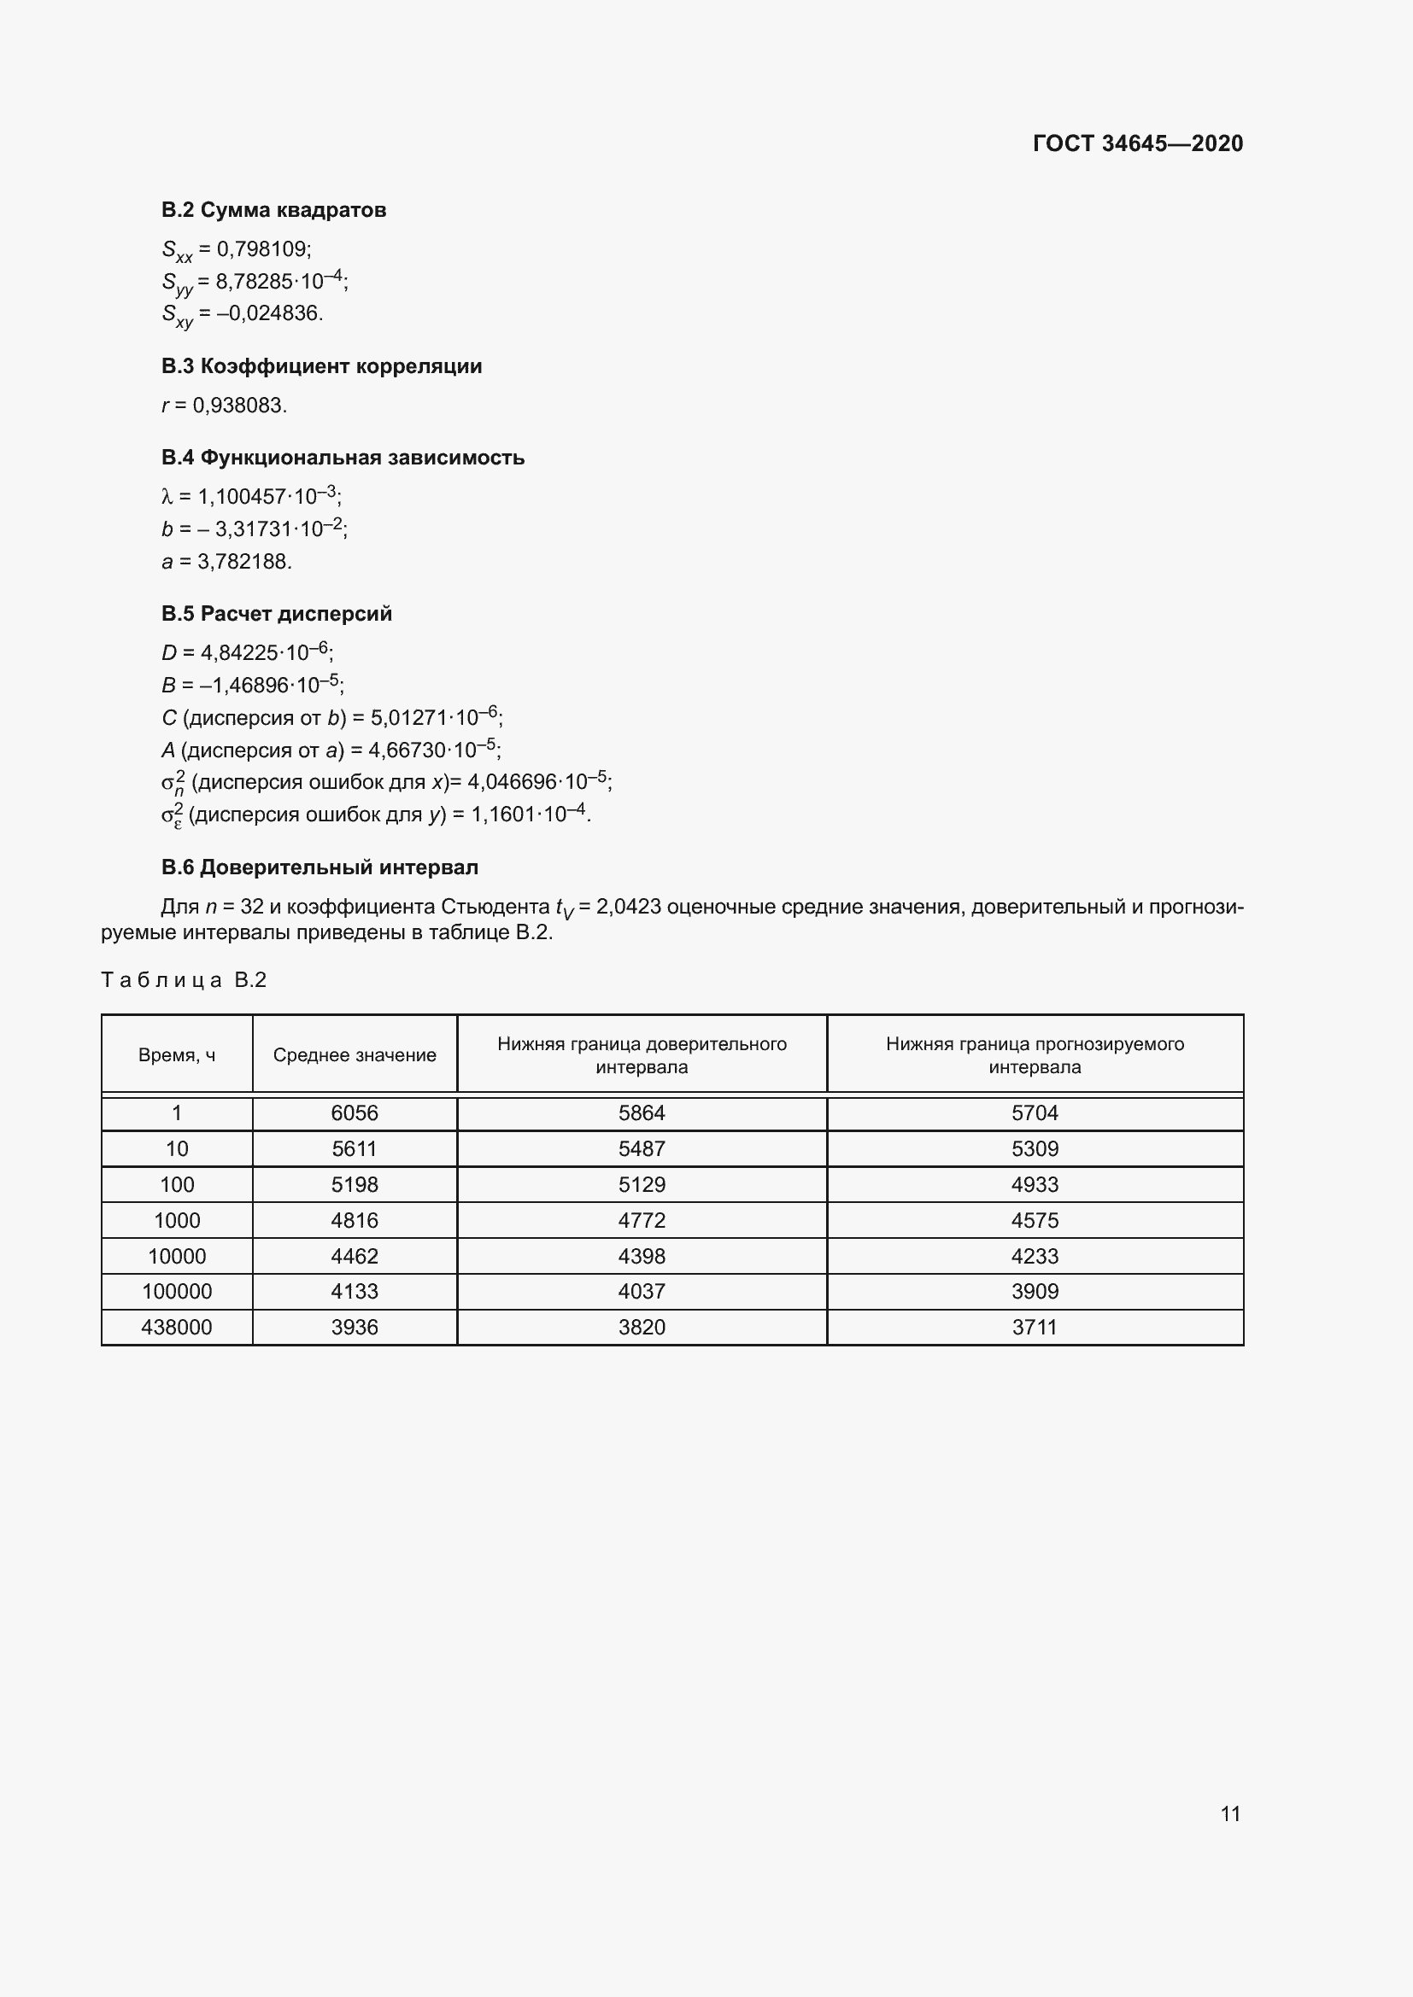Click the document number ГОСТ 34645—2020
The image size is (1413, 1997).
pos(1137,143)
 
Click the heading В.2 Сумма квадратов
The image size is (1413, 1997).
pos(273,210)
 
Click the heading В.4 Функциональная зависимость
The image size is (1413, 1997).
pos(343,458)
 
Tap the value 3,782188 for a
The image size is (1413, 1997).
pos(243,562)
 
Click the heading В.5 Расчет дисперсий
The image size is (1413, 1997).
pos(277,614)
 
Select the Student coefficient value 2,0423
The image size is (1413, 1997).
pos(627,908)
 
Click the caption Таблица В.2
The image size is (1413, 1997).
pos(184,980)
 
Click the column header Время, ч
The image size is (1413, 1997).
pos(177,1055)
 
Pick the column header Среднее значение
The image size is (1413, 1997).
pos(355,1055)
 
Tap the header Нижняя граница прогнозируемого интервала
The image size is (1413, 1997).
pos(1035,1055)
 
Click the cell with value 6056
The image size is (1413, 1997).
pos(355,1113)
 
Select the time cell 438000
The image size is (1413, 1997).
pos(177,1328)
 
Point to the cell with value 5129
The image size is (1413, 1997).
pos(642,1185)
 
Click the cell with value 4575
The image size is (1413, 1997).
pos(1035,1220)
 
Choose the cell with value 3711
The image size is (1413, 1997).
pos(1035,1328)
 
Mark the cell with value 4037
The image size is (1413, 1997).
pos(642,1292)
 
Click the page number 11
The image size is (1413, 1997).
pos(1229,1813)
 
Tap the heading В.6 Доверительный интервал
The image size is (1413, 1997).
pos(320,867)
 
